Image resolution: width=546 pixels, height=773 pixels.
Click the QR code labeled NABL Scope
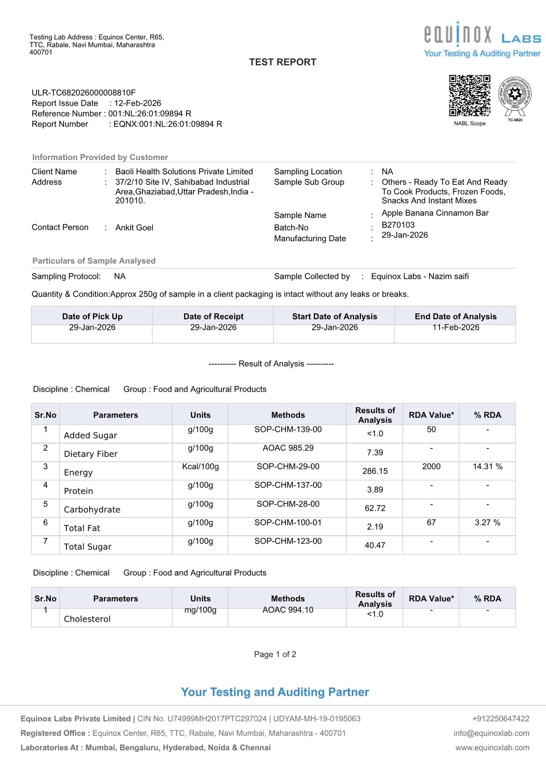[x=470, y=96]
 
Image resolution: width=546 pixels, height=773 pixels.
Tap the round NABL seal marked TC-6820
[x=515, y=96]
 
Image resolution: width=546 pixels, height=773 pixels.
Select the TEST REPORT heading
[x=283, y=62]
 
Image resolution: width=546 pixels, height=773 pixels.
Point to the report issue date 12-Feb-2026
[x=137, y=103]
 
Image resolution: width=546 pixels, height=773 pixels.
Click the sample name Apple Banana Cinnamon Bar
[x=435, y=213]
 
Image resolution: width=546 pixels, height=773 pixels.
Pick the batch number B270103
[x=398, y=225]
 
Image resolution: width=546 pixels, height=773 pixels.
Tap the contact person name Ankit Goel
[x=134, y=227]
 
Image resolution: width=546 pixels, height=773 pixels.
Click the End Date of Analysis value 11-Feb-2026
[x=455, y=327]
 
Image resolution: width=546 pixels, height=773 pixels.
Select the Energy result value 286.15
[x=375, y=471]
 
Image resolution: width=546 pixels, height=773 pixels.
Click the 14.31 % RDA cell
[x=487, y=466]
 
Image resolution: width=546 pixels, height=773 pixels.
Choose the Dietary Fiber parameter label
[x=91, y=454]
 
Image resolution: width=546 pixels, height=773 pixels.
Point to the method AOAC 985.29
[x=288, y=448]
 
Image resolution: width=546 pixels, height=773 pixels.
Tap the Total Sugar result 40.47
[x=375, y=545]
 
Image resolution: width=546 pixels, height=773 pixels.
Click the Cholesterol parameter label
[x=87, y=619]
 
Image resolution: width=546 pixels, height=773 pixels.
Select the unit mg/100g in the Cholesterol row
[x=200, y=609]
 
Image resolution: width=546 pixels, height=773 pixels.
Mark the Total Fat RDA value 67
[x=431, y=522]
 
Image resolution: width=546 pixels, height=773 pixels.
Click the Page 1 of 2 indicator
[x=275, y=654]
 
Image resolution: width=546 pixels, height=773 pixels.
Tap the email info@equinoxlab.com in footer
[x=491, y=733]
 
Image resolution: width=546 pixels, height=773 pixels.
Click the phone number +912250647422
[x=500, y=718]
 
